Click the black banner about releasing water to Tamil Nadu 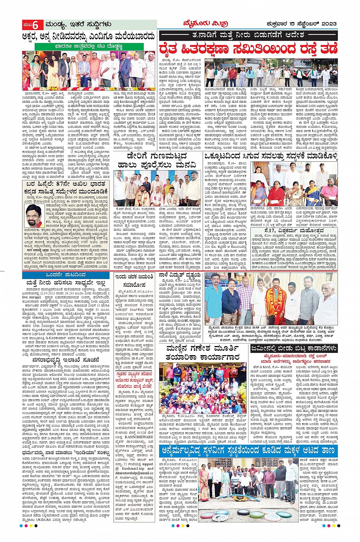tap(248, 36)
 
